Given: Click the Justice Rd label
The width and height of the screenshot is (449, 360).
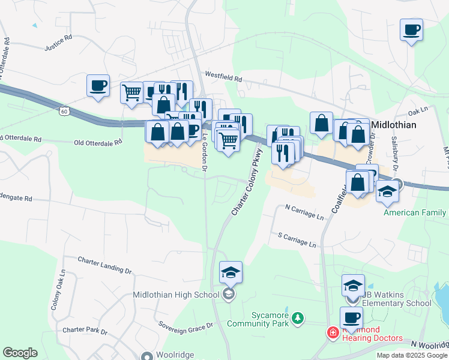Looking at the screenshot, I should pyautogui.click(x=58, y=46).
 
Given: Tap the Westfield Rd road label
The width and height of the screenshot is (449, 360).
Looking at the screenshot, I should pyautogui.click(x=223, y=78).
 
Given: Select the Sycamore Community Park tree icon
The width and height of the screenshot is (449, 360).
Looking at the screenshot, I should pyautogui.click(x=297, y=316).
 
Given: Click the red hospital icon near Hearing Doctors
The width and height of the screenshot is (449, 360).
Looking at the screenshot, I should pyautogui.click(x=332, y=332).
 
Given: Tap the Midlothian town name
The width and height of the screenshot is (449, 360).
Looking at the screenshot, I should pyautogui.click(x=399, y=125).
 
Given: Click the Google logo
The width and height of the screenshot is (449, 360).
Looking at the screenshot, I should pyautogui.click(x=20, y=353).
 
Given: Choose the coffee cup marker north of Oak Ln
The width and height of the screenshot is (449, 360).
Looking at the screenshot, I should pyautogui.click(x=411, y=29).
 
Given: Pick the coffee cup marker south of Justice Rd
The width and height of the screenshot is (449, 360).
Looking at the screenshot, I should pyautogui.click(x=98, y=86).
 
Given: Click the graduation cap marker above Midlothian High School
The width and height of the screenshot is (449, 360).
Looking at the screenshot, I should pyautogui.click(x=231, y=273).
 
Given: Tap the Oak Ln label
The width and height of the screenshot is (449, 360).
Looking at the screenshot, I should pyautogui.click(x=417, y=112).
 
